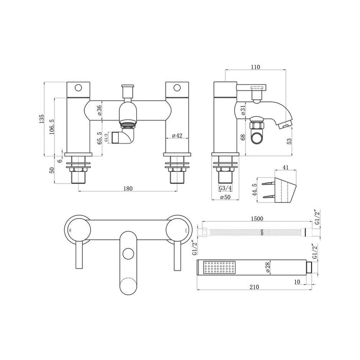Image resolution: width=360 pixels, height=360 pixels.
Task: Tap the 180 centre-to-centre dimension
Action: pos(128,188)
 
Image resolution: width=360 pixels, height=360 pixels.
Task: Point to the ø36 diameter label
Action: pos(99,111)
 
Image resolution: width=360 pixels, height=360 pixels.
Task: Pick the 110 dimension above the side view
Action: pos(255,67)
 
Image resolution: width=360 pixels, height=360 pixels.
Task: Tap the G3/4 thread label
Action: pos(225,189)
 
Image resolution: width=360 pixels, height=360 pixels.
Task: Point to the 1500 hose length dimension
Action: pos(258,218)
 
